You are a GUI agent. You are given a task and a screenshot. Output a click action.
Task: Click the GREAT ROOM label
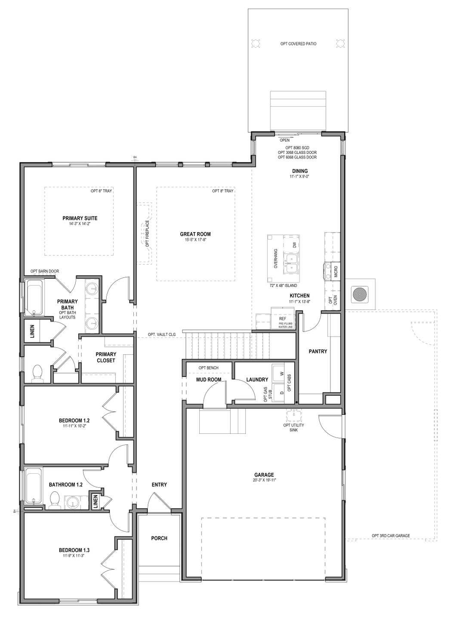[195, 234]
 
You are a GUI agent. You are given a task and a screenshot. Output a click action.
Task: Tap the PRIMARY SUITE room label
[80, 218]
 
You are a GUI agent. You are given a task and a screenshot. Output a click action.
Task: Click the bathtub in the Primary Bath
[34, 298]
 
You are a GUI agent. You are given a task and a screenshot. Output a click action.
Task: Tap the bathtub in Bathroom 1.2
[34, 488]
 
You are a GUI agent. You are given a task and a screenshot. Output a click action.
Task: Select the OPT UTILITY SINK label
[293, 427]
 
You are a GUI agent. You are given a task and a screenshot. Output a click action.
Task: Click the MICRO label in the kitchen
[336, 272]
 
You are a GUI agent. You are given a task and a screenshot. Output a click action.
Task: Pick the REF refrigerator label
[282, 319]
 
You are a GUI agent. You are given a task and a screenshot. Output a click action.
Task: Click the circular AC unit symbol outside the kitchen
[360, 294]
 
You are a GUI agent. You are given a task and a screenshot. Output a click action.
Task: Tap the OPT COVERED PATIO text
[298, 44]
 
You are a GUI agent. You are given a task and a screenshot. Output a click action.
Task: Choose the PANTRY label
[318, 351]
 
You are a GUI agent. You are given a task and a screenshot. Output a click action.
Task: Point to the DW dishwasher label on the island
[294, 245]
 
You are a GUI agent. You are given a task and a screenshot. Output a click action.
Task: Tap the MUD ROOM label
[209, 380]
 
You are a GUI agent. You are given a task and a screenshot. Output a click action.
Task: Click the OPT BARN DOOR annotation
[45, 271]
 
